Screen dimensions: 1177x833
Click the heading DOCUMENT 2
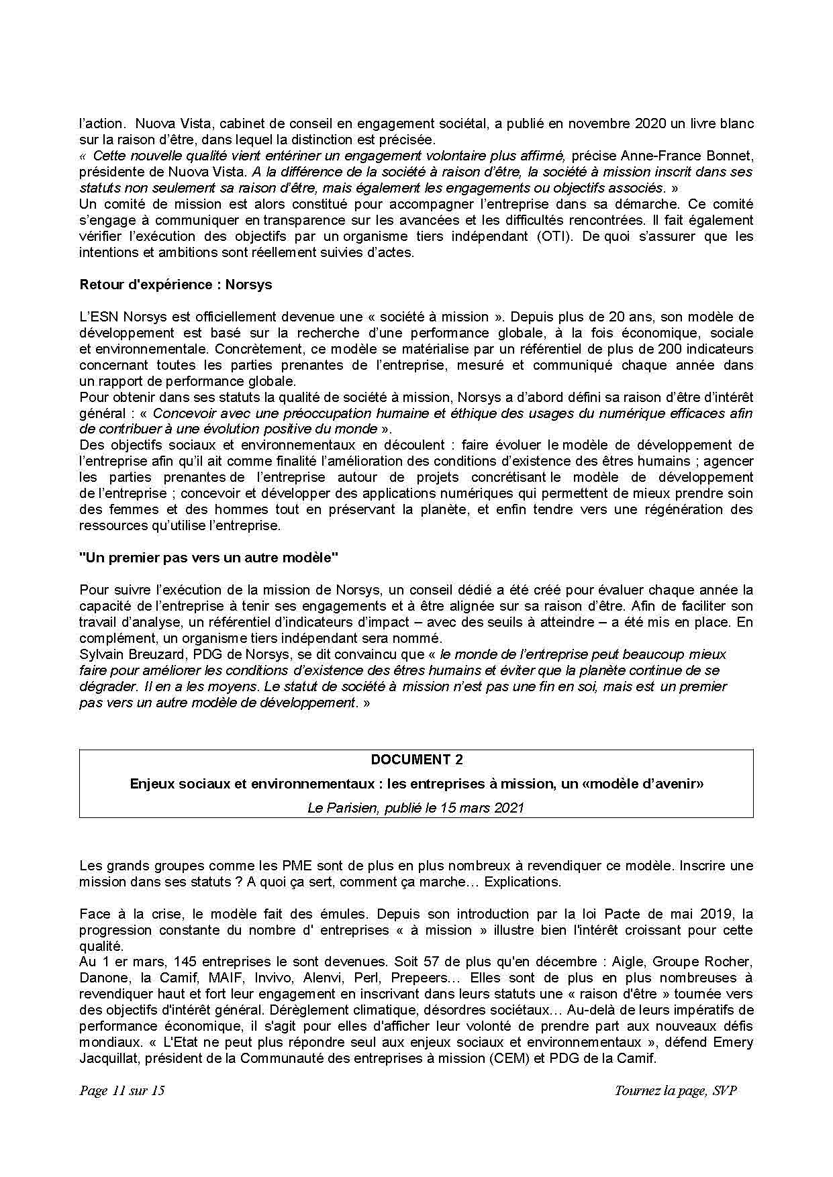tap(416, 760)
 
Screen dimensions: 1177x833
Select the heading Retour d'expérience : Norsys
tap(176, 285)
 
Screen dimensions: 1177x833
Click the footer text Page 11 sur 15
tap(121, 1090)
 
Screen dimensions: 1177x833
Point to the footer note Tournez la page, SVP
tap(675, 1090)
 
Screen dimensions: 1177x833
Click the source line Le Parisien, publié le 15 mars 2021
tap(416, 808)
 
